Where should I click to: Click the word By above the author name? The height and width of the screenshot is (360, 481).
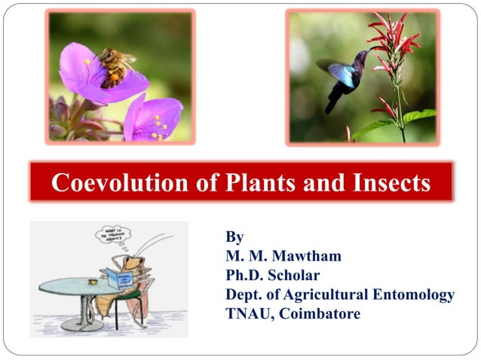click(x=234, y=237)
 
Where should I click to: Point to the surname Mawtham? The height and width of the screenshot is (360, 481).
click(x=305, y=256)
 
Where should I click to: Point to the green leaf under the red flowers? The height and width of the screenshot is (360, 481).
click(x=418, y=116)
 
